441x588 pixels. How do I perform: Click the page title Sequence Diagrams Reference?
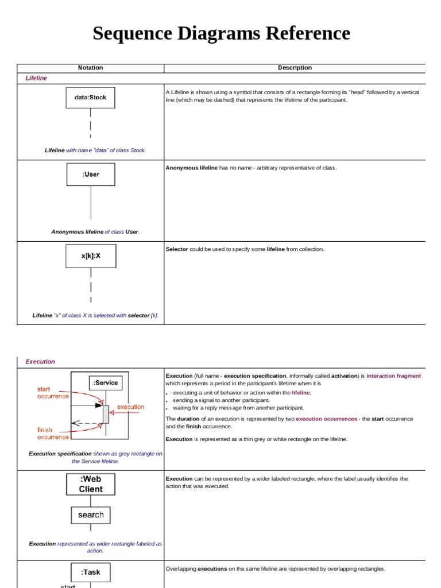[221, 33]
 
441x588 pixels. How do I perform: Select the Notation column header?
[90, 68]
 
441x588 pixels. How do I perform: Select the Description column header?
[295, 68]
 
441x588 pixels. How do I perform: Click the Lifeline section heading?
[36, 78]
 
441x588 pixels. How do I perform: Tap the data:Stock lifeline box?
[90, 98]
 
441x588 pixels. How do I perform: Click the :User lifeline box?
[91, 175]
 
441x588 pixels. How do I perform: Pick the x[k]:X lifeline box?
[91, 256]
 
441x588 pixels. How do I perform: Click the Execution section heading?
[40, 362]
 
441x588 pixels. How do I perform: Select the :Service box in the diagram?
[105, 383]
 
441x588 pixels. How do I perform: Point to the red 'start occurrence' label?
[53, 393]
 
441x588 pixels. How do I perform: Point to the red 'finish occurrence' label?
[53, 434]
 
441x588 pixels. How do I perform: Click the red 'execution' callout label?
[130, 407]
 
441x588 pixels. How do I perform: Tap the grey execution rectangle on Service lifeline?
[106, 414]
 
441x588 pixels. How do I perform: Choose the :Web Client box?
[91, 484]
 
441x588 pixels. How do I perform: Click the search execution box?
[91, 515]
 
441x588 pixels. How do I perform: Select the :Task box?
[91, 572]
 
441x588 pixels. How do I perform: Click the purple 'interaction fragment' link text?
[393, 376]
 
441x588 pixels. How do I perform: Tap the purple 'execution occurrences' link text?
[326, 419]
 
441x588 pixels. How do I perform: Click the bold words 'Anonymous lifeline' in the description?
[192, 168]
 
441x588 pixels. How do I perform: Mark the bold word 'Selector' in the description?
[177, 249]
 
